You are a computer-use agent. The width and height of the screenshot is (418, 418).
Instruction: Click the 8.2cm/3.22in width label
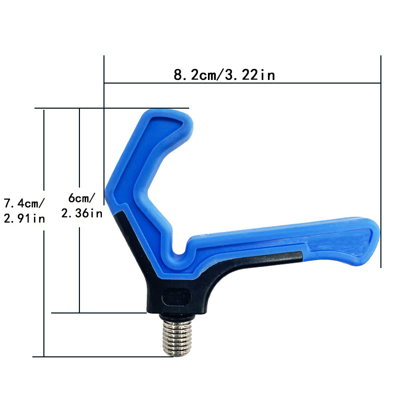(x=224, y=75)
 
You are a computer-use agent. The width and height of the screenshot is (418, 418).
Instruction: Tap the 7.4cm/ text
(x=24, y=203)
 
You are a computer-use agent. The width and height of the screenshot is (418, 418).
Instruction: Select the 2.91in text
(x=24, y=218)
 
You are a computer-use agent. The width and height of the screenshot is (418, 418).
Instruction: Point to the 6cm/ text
(x=82, y=198)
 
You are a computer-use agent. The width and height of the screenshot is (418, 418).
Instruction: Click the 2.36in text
(x=82, y=213)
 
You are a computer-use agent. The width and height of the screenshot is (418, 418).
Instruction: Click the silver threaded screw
(x=177, y=338)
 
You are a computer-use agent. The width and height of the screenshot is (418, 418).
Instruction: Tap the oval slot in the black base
(x=177, y=298)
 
